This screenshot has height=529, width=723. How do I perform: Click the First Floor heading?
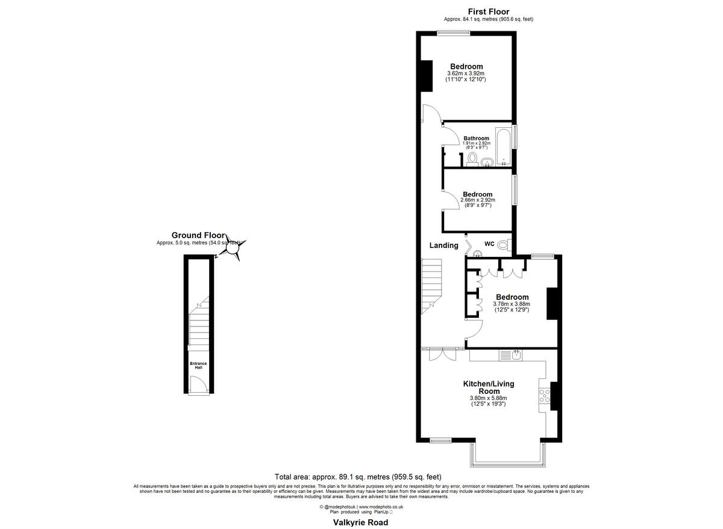489,11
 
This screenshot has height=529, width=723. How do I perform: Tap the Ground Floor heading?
198,235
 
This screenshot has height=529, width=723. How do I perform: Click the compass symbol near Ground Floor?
234,248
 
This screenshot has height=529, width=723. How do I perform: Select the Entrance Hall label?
198,366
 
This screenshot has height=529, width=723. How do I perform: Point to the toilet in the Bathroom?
472,158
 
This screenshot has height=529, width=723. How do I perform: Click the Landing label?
443,245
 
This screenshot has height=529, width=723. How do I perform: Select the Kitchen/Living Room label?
489,387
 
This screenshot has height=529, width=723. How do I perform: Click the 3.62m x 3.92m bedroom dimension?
466,73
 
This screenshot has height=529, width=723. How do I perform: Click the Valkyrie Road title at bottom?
361,522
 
